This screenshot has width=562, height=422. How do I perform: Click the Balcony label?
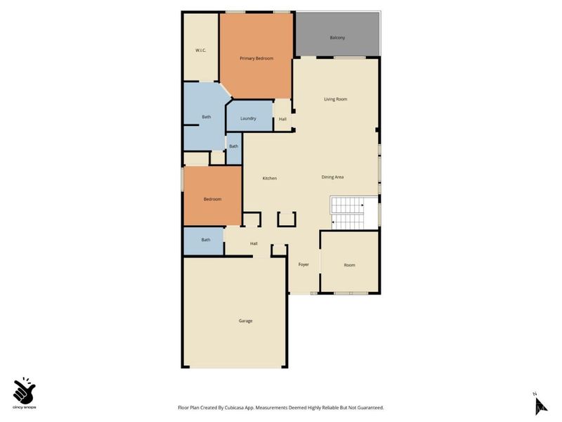point(337,37)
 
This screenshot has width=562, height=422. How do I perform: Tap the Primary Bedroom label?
point(256,58)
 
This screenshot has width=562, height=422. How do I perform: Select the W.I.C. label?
point(200,50)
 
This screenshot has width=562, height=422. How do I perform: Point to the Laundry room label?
point(248,118)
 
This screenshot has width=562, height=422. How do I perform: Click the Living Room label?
point(335,99)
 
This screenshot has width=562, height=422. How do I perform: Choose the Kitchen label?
point(270,178)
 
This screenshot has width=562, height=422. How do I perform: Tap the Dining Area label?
point(332,177)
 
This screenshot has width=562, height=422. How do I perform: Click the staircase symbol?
point(348,213)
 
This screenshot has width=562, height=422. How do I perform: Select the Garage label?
point(245,321)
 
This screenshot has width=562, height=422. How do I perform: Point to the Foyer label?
point(303,264)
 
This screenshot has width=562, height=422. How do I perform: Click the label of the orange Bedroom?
point(212,199)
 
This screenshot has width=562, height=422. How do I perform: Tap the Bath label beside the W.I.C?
point(207,117)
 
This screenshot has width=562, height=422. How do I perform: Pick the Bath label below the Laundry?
point(233,146)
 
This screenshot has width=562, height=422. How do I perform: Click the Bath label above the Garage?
point(206,240)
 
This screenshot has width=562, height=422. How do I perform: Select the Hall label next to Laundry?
point(282,119)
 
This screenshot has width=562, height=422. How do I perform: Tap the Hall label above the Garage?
point(254,244)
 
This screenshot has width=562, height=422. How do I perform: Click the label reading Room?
point(349,265)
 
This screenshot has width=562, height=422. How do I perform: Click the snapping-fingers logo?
point(25,389)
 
